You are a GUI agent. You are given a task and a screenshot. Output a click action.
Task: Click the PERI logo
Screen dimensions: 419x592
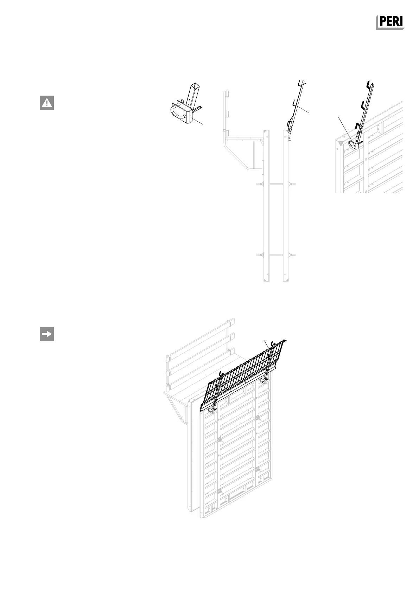point(390,22)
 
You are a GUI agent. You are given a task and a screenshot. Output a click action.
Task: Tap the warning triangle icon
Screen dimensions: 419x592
point(47,103)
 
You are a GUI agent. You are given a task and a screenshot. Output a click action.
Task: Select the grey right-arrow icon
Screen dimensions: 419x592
point(47,334)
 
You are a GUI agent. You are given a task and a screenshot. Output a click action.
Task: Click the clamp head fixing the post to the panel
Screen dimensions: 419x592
point(353,144)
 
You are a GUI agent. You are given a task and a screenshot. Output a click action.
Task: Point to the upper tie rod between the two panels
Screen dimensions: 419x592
point(275,184)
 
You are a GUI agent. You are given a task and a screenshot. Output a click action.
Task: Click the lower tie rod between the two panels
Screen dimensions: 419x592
point(275,254)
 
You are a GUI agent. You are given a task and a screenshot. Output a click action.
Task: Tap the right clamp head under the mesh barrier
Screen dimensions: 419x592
point(264,380)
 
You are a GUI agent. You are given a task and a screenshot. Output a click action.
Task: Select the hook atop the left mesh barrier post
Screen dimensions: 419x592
point(221,374)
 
